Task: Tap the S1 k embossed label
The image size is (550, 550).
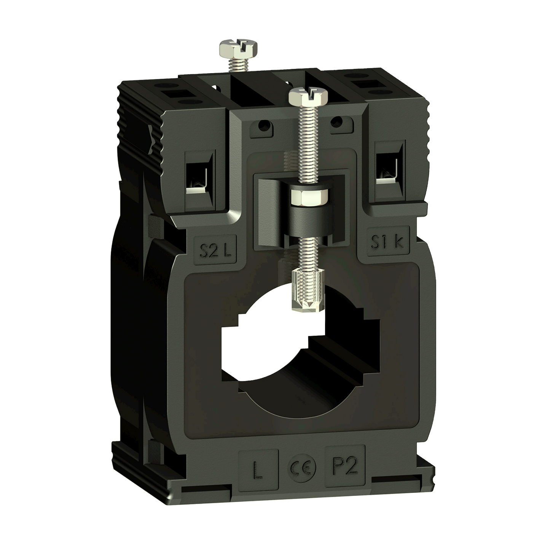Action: (x=387, y=241)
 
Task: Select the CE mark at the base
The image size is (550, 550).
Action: (x=302, y=467)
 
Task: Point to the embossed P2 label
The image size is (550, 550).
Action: (x=345, y=465)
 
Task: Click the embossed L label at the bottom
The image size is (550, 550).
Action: (x=258, y=470)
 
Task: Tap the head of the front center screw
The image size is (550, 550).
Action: (x=308, y=96)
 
